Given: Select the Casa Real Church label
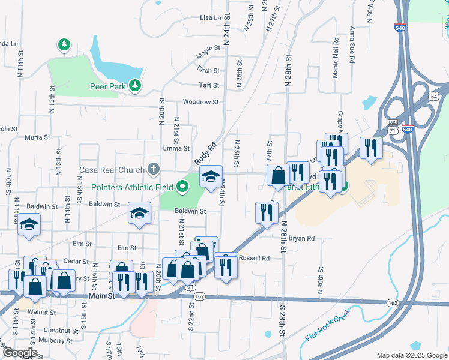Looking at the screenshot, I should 112,170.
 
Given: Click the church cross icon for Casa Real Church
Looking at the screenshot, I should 154,170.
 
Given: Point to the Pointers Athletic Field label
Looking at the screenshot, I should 133,187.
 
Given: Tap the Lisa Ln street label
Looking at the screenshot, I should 211,18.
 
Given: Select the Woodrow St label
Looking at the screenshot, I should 200,102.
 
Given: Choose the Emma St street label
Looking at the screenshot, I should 176,148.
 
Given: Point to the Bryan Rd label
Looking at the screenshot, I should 301,238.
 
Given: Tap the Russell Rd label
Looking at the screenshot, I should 254,258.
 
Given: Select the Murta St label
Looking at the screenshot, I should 37,137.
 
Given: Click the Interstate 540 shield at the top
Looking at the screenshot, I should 400,27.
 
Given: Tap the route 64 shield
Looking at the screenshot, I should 433,96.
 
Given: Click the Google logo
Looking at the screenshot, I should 20,352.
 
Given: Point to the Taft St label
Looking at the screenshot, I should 209,86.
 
